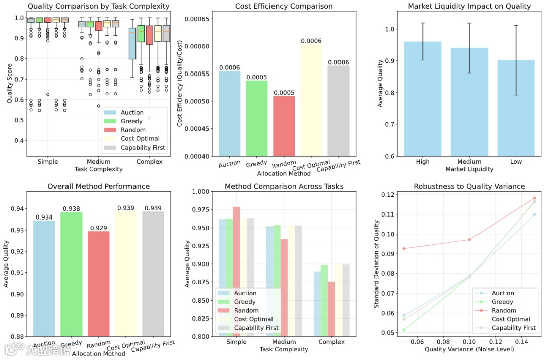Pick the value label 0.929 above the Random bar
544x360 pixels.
(x=98, y=228)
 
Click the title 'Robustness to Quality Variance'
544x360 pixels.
(x=469, y=186)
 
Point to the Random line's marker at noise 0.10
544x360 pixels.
(x=469, y=240)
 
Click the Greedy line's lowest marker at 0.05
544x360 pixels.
(x=404, y=330)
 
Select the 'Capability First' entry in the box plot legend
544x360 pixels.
(x=143, y=148)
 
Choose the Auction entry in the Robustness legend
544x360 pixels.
(x=503, y=293)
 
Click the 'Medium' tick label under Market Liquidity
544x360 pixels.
(x=469, y=162)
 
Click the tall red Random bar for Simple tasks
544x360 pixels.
(x=237, y=271)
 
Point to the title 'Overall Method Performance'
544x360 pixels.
(x=98, y=186)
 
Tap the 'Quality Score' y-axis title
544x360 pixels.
(x=10, y=86)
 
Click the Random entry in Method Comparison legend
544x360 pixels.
(x=246, y=311)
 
